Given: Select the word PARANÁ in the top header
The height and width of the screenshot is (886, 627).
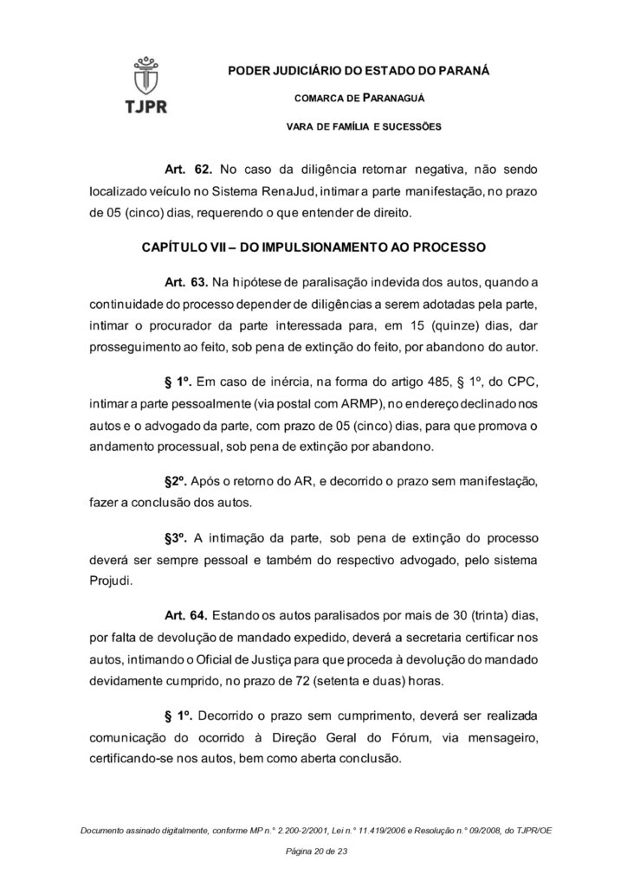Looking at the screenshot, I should pos(462,70).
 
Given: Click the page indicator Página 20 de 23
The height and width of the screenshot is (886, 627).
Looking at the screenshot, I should pos(313,852).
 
